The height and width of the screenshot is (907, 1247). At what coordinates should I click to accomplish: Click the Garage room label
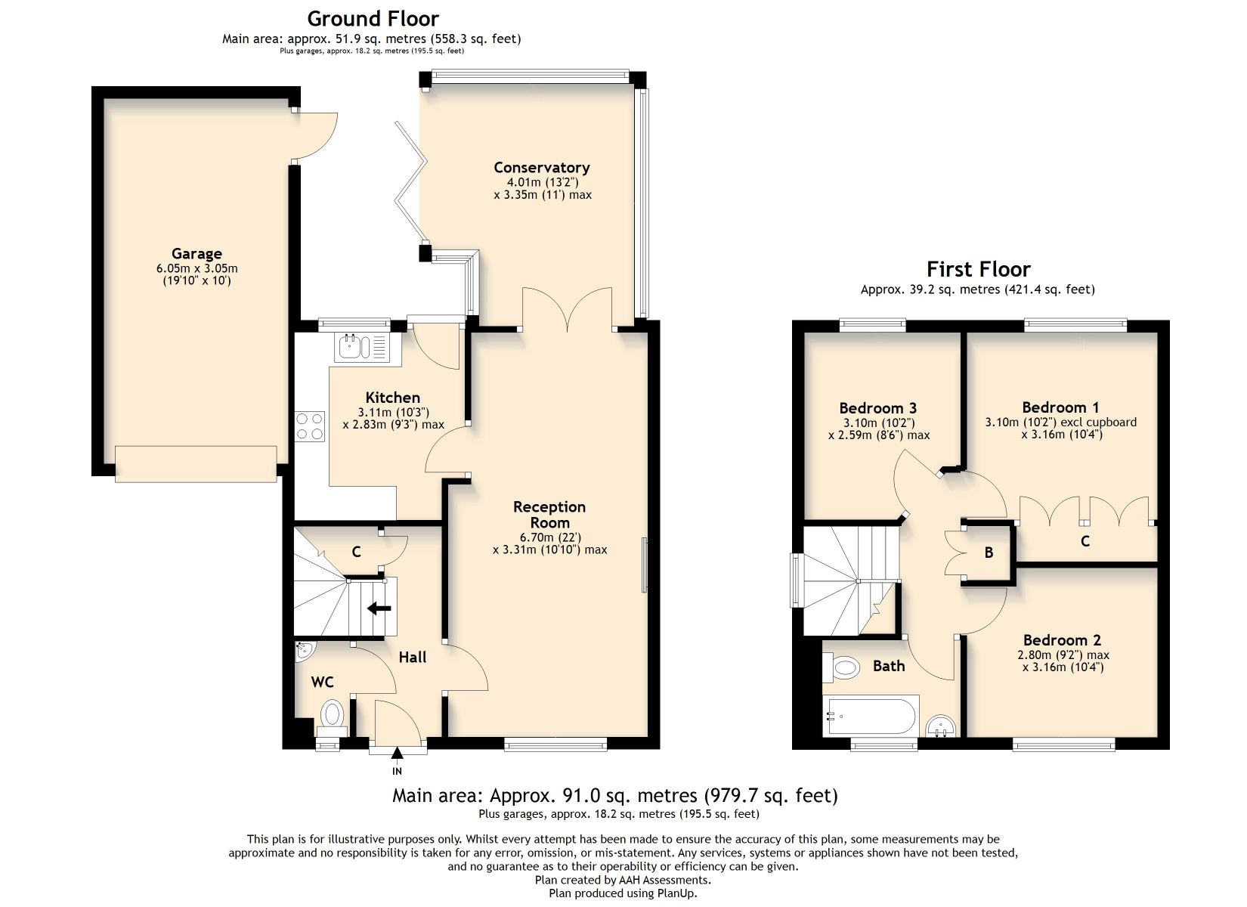click(x=196, y=254)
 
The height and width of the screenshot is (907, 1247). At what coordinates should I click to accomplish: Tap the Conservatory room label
click(x=542, y=168)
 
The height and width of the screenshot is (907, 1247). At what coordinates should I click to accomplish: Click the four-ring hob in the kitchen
click(x=310, y=426)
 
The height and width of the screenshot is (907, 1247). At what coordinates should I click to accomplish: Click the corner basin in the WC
click(x=305, y=651)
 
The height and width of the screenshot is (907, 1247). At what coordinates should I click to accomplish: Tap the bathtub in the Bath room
click(x=871, y=716)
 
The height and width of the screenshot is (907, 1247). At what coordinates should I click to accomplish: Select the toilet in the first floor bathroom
click(x=841, y=667)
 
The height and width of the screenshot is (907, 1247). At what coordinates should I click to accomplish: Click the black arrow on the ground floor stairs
click(x=379, y=608)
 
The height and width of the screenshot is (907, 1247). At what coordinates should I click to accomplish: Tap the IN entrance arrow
click(x=397, y=754)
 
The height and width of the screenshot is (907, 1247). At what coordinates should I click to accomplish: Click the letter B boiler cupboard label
click(x=989, y=553)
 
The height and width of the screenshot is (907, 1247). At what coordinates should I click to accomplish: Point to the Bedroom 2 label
click(x=1062, y=640)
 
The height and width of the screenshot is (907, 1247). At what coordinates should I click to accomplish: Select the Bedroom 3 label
click(x=878, y=408)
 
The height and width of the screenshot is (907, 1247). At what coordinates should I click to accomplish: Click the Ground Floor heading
click(x=373, y=19)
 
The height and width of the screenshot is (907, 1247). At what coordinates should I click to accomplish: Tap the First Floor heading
click(x=978, y=270)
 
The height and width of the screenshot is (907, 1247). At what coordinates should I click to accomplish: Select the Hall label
click(x=413, y=658)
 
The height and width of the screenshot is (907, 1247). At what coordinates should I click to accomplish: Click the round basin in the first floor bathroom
click(x=942, y=726)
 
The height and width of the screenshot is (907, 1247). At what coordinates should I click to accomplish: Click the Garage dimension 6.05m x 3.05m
click(x=197, y=268)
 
